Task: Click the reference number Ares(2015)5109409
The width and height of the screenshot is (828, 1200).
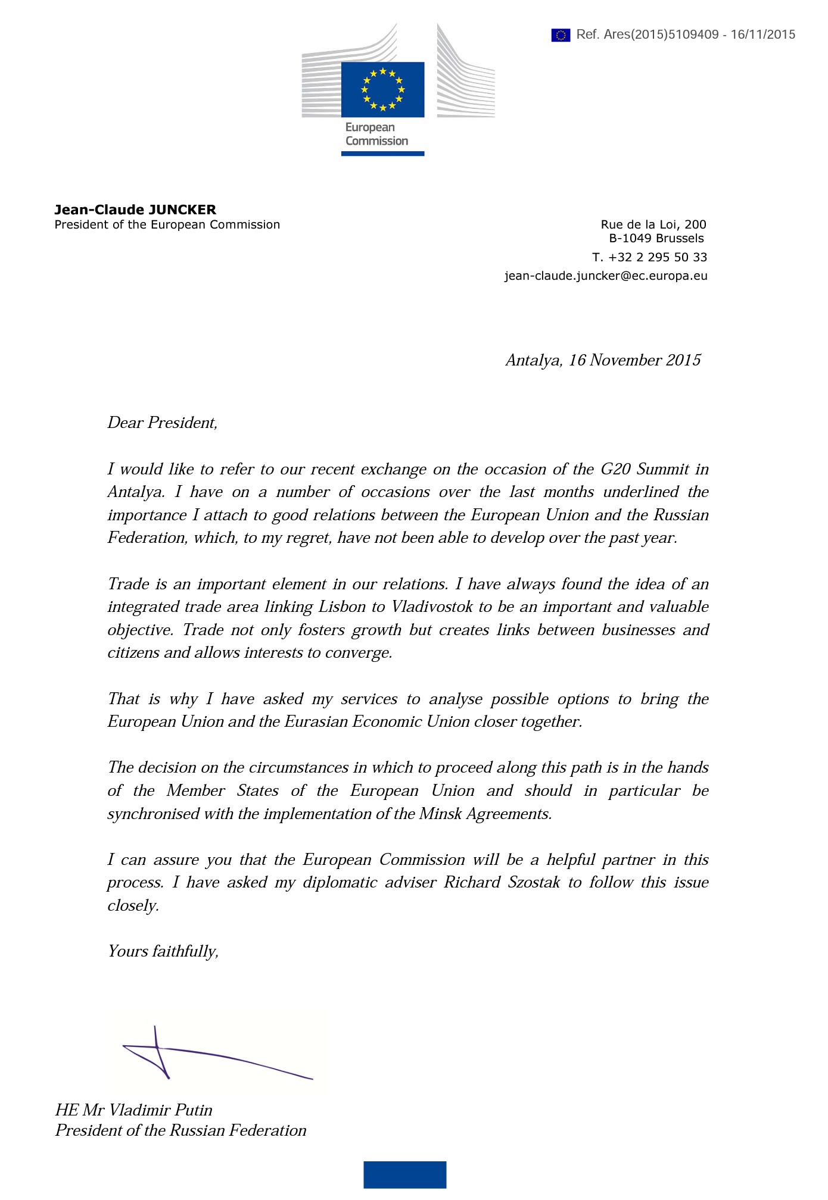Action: coord(661,35)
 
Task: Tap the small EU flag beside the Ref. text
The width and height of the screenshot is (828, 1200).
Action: coord(561,35)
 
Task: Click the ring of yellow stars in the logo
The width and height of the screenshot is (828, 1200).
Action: coord(382,89)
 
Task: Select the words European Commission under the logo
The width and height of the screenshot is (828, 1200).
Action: coord(376,135)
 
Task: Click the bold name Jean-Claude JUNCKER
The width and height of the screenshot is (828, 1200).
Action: coord(135,210)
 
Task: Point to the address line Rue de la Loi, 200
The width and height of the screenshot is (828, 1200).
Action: coord(653,224)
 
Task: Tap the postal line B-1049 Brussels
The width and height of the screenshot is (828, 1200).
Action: coord(656,239)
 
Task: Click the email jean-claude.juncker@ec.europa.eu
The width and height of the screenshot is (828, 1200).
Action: coord(606,276)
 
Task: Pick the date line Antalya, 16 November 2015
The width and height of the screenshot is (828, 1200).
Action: coord(603,360)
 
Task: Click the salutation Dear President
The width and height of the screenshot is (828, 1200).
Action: coord(162,423)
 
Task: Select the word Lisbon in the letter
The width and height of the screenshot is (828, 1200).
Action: coord(342,607)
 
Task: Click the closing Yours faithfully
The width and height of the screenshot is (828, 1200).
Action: coord(163,951)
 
